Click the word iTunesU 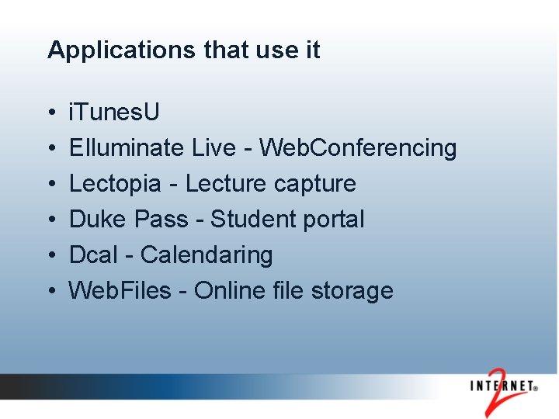point(114,113)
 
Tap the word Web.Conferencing point(357,147)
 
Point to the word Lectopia point(114,184)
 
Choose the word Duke point(99,220)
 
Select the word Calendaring point(207,255)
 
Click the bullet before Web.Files point(50,292)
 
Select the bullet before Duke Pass point(50,220)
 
